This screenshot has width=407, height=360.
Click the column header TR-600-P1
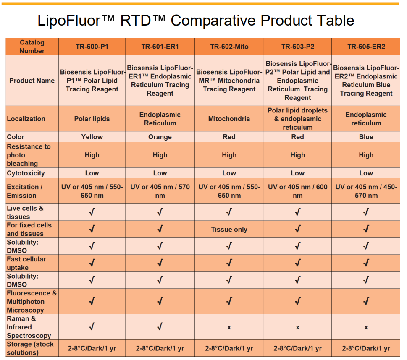click(92, 47)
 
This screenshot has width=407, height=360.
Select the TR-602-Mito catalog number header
click(229, 47)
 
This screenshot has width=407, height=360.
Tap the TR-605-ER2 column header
click(366, 47)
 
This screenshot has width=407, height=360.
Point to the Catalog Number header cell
click(32, 47)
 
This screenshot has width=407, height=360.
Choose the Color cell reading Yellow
click(92, 137)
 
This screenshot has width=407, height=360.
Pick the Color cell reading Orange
click(160, 137)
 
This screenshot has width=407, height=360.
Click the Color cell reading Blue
click(366, 137)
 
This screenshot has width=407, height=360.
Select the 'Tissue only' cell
click(229, 230)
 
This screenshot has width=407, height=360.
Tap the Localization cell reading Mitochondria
click(229, 119)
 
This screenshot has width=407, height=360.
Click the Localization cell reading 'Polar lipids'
click(92, 119)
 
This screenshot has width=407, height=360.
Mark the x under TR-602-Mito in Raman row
click(229, 327)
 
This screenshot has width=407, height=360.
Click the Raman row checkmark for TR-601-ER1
click(160, 327)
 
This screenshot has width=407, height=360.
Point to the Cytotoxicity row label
click(26, 173)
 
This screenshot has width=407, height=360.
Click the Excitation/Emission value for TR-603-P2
click(297, 191)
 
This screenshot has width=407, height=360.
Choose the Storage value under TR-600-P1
click(92, 348)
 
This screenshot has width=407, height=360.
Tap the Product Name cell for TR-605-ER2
click(366, 81)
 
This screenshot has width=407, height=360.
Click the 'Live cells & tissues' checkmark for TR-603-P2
click(297, 212)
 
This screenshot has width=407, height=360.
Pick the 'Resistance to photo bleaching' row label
click(29, 155)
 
